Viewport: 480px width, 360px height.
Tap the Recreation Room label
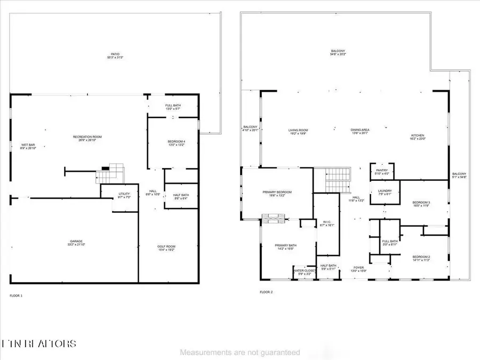(x=87, y=138)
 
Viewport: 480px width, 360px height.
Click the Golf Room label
(x=167, y=247)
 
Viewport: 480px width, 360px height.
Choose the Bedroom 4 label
(x=174, y=142)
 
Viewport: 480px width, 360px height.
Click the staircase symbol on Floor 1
(x=110, y=174)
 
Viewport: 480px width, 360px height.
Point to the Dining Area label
(x=360, y=131)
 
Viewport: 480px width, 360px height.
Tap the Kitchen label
(x=417, y=137)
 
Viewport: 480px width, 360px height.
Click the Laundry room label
(x=385, y=192)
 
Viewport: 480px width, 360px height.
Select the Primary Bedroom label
(x=277, y=194)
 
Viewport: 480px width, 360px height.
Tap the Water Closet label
(x=305, y=272)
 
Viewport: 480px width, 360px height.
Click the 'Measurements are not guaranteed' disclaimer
(x=239, y=353)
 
